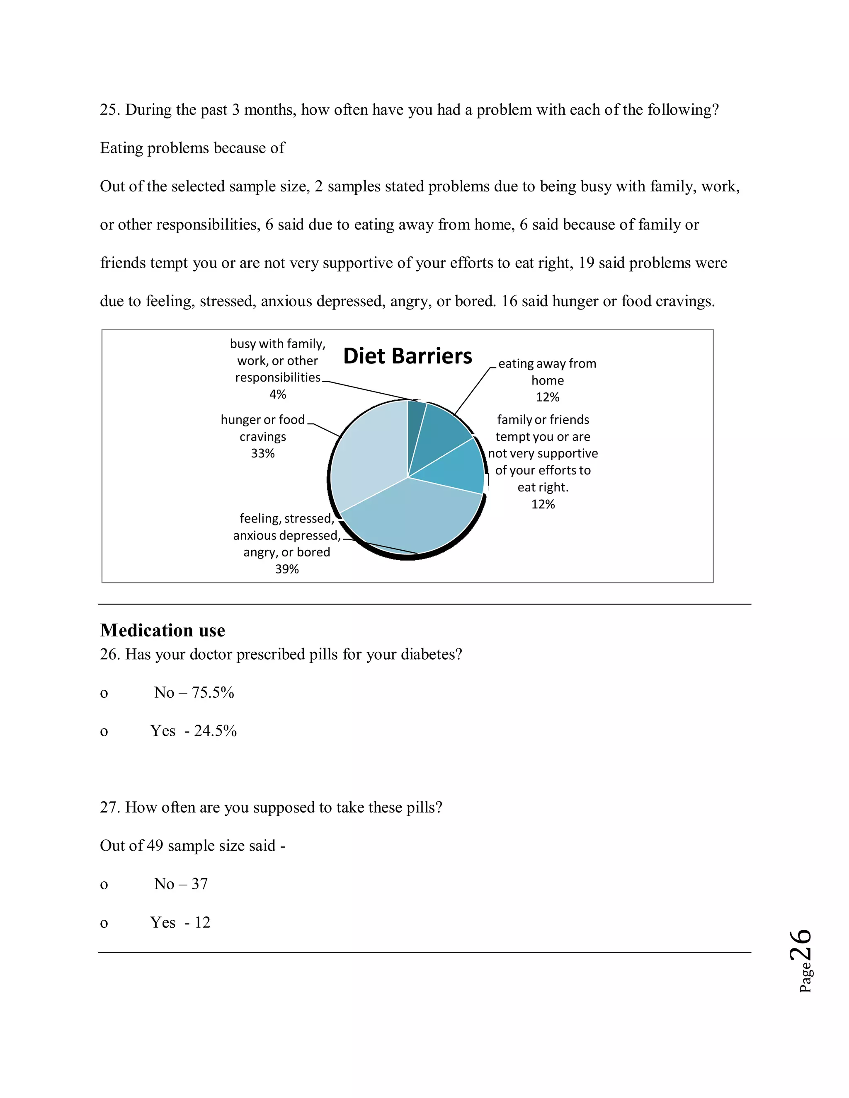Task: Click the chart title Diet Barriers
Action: point(408,356)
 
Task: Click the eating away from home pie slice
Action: point(443,427)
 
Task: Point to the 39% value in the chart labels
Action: point(287,569)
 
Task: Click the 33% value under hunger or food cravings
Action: point(262,453)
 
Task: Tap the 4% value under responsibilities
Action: point(278,394)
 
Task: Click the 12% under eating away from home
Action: point(547,397)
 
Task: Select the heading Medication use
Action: point(163,630)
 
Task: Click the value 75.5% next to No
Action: point(213,693)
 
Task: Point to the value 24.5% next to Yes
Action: point(215,731)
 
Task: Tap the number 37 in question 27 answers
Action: point(200,884)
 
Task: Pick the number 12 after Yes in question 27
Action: point(202,923)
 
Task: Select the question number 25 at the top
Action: point(108,110)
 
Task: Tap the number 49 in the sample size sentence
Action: point(155,846)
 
